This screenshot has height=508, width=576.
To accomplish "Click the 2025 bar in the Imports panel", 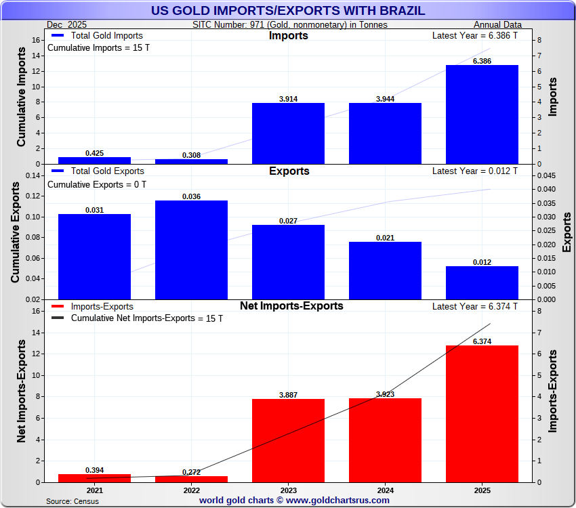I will pyautogui.click(x=482, y=114).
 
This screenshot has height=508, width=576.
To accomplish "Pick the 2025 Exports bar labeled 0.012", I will pyautogui.click(x=482, y=282).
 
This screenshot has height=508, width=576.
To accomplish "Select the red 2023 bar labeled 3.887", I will pyautogui.click(x=288, y=440).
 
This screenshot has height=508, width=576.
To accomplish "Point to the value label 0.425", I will pyautogui.click(x=94, y=153).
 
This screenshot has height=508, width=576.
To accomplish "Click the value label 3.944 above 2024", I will pyautogui.click(x=385, y=99).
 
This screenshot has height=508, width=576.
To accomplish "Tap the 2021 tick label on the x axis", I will pyautogui.click(x=94, y=490).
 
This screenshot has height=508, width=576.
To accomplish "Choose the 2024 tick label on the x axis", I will pyautogui.click(x=385, y=490).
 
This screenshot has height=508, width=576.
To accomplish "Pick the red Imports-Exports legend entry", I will pyautogui.click(x=95, y=306).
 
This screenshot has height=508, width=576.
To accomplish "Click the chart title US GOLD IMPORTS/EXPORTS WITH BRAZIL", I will pyautogui.click(x=288, y=11).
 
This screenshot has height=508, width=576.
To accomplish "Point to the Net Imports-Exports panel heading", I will pyautogui.click(x=291, y=306).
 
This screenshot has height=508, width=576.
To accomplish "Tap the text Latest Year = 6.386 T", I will pyautogui.click(x=474, y=35).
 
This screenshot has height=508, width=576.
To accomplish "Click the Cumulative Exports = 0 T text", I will pyautogui.click(x=96, y=184).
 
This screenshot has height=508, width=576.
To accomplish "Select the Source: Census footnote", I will pyautogui.click(x=72, y=501).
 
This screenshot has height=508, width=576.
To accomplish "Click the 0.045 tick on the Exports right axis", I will pyautogui.click(x=546, y=175).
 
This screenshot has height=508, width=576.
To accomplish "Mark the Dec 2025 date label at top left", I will pyautogui.click(x=65, y=25).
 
